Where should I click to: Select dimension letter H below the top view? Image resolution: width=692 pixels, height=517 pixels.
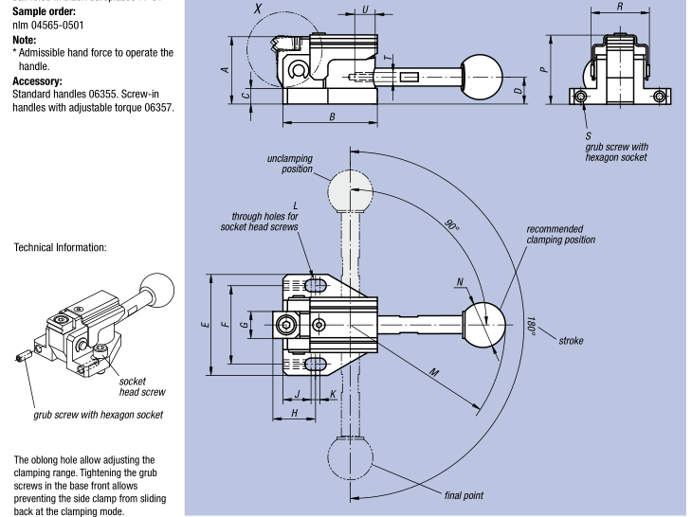click(296, 413)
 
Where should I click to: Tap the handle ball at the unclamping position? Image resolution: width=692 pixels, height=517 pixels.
click(351, 194)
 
